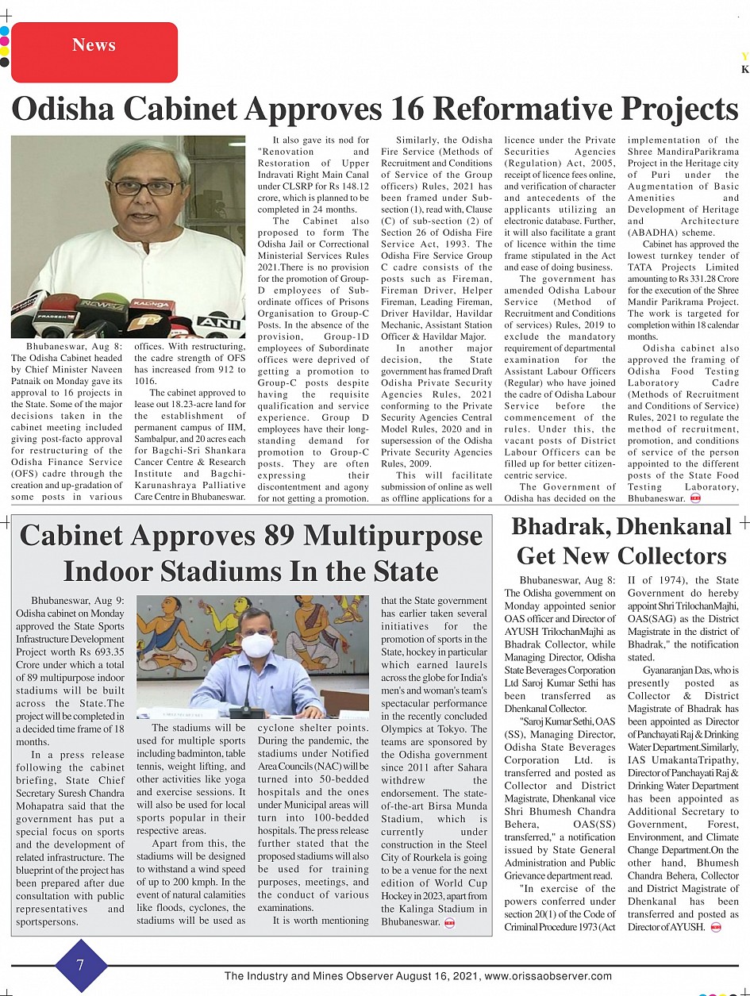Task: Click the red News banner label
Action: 94,45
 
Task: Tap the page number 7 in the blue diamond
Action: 80,964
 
